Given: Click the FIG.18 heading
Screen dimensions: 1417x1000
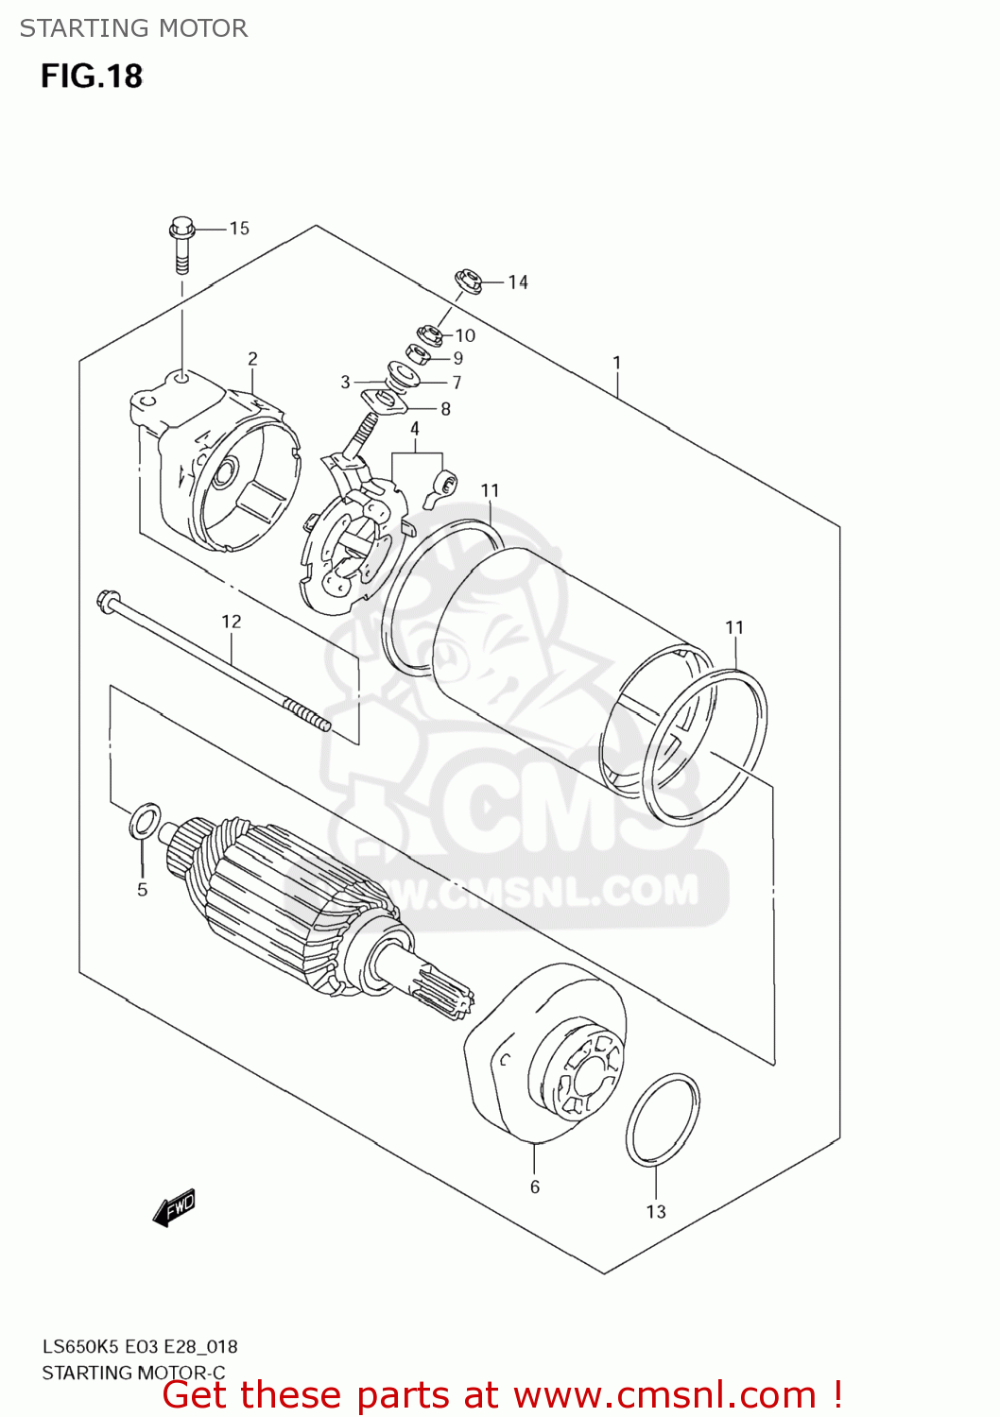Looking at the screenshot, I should tap(92, 76).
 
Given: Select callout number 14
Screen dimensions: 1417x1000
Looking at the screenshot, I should tap(517, 282).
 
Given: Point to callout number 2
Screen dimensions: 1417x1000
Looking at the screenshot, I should tap(252, 359).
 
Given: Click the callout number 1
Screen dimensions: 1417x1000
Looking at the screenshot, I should tap(616, 363).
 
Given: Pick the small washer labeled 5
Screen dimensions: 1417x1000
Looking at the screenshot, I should tap(144, 821).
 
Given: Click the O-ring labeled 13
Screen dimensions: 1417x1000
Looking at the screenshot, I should tap(663, 1119).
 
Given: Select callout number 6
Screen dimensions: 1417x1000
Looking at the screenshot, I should tap(535, 1187).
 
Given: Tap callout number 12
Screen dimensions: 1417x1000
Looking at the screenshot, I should tap(232, 622).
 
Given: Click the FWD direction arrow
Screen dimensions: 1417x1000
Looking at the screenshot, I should tap(175, 1207).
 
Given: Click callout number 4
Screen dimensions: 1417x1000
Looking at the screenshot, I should tap(414, 429).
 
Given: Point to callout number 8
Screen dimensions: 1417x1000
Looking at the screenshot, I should tap(445, 409).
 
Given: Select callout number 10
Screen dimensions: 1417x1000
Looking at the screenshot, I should tap(465, 335).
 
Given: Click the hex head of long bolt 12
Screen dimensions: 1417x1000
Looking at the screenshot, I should tap(106, 599).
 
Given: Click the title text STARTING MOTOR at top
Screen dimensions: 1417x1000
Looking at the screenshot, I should tap(133, 28).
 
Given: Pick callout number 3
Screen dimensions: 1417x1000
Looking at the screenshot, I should tap(345, 383).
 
